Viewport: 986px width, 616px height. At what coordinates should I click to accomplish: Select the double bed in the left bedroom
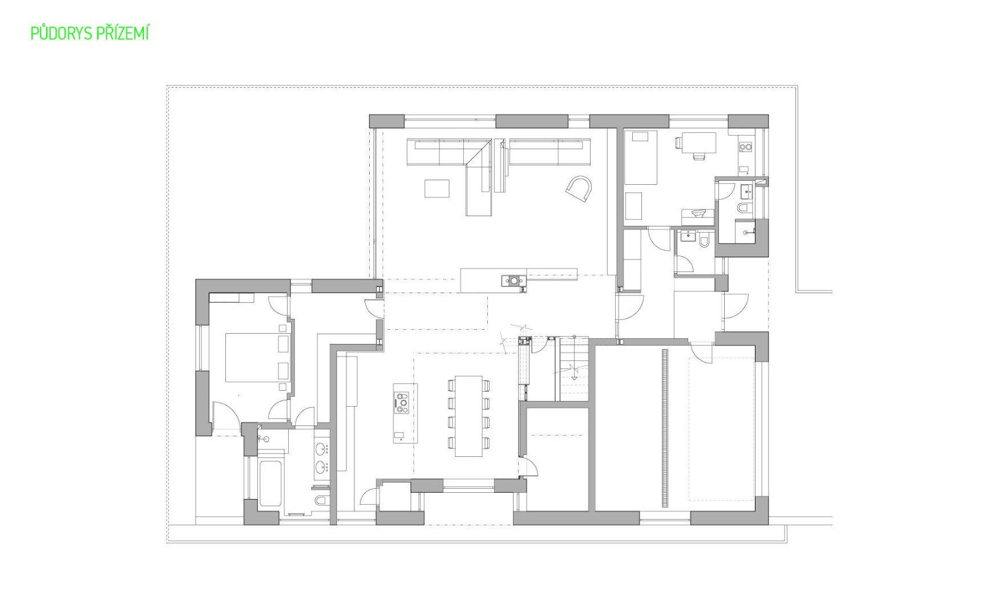[x=257, y=358]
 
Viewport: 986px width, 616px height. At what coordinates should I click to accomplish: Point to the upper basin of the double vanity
[x=322, y=448]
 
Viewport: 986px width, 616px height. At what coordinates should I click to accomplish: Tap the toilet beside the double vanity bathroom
[x=321, y=501]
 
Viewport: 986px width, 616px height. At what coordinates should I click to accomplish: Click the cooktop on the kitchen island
[x=402, y=402]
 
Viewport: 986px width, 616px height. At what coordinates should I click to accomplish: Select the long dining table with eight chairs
[x=468, y=416]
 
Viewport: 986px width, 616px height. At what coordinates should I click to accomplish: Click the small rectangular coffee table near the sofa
[x=437, y=189]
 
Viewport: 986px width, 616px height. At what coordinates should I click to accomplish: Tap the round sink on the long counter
[x=515, y=280]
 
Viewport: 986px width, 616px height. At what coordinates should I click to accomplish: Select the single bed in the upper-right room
[x=640, y=157]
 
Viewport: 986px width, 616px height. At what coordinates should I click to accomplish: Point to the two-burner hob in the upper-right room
[x=745, y=147]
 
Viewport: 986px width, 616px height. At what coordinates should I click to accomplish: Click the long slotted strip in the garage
[x=665, y=428]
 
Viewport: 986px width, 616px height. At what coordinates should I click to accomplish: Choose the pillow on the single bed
[x=640, y=136]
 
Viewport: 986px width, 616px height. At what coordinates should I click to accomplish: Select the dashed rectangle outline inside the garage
[x=721, y=428]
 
